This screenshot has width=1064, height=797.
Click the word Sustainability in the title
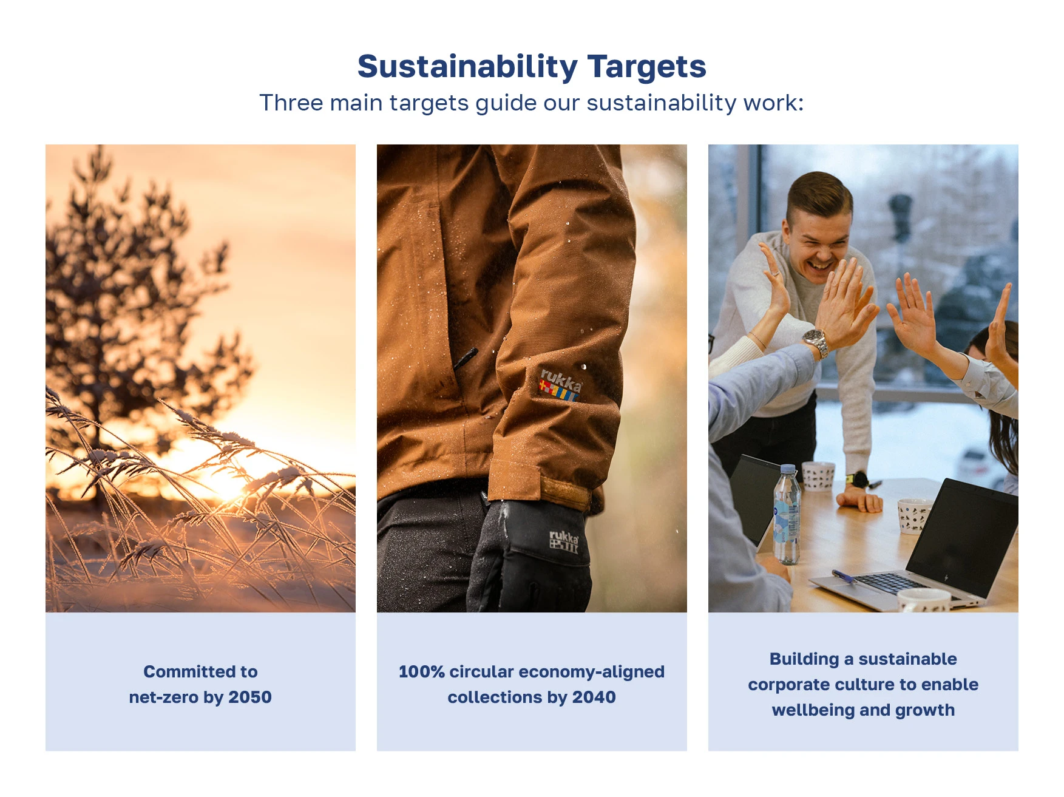click(x=467, y=67)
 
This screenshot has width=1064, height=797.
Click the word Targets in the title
click(x=647, y=67)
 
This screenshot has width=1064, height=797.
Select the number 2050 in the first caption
click(x=250, y=697)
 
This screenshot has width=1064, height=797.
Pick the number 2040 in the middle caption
click(x=594, y=697)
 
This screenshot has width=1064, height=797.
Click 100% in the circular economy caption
click(x=422, y=671)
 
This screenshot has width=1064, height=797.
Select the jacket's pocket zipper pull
click(x=465, y=358)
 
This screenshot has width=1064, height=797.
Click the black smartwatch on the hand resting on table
click(x=856, y=480)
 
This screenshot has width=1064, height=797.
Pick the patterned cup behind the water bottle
click(x=818, y=476)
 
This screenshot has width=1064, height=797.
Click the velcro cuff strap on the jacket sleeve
click(x=564, y=492)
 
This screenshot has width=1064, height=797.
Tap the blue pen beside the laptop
click(x=843, y=576)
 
